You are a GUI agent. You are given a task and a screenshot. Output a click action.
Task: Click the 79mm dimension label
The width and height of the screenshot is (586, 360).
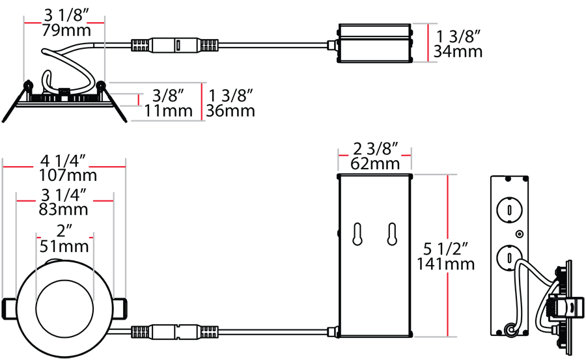coord(66,31)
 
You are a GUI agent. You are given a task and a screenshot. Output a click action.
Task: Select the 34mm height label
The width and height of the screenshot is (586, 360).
coord(458,51)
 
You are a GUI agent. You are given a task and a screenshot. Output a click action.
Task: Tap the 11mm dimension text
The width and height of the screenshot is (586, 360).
coord(169,111)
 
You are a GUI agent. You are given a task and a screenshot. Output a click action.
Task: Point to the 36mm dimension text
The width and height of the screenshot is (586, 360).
coord(230,111)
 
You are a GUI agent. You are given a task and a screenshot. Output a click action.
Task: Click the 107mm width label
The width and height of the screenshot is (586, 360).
coord(68,175)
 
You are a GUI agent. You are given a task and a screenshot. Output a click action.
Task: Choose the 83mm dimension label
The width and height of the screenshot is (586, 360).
coord(64,209)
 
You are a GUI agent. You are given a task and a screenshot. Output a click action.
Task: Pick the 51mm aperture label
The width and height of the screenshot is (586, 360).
coord(64,246)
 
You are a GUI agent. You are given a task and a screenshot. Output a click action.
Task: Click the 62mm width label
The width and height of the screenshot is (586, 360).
coord(375,163)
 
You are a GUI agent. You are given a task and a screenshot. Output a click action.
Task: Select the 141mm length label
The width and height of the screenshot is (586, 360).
coord(445,264)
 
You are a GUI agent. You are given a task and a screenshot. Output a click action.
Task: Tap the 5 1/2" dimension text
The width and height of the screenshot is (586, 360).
coord(445,249)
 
